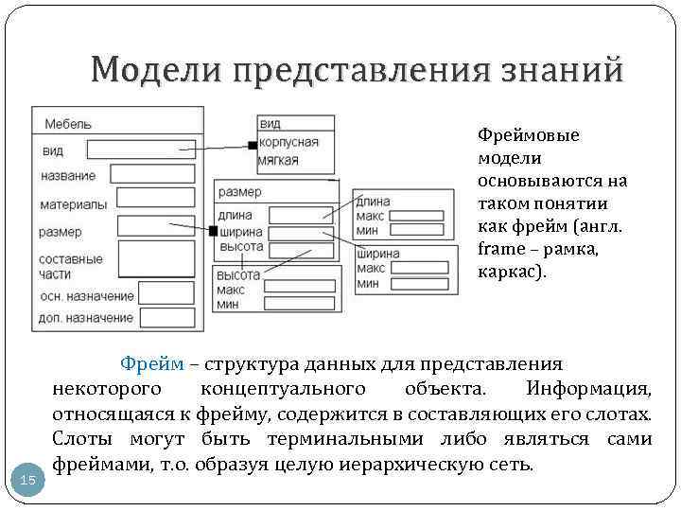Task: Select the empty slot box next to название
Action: tap(149, 173)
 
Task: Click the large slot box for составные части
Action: tap(156, 257)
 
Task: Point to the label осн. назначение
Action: tap(86, 296)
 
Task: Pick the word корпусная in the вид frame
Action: tap(288, 143)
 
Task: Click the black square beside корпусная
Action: tap(252, 145)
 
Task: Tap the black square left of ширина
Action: tap(213, 231)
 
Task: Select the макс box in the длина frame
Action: tap(416, 216)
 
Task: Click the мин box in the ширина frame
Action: tap(416, 283)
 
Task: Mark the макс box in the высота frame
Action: tap(299, 287)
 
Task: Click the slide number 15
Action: tap(28, 481)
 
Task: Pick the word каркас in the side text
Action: tap(509, 272)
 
